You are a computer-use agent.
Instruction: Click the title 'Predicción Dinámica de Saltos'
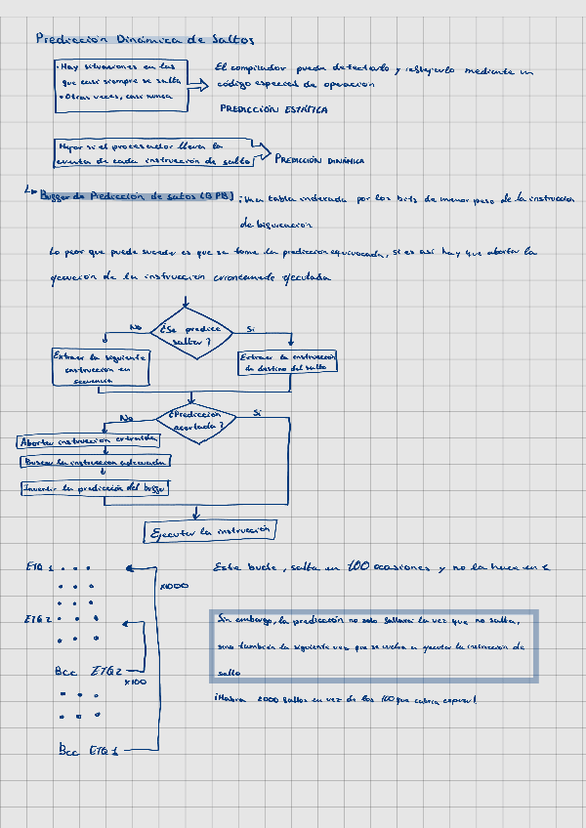tap(144, 39)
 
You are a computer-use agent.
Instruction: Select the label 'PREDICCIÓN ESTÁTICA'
tap(273, 109)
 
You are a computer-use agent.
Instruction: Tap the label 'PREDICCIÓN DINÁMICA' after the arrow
tap(319, 160)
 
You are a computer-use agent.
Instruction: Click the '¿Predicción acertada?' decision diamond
tap(195, 420)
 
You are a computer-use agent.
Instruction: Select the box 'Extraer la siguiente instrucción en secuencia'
tap(101, 368)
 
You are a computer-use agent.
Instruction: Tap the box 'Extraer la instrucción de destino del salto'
tap(288, 361)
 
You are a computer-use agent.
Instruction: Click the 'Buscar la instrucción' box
tap(98, 461)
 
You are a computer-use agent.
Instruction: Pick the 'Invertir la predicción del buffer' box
tap(96, 486)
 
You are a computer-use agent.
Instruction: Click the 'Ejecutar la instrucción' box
tap(209, 531)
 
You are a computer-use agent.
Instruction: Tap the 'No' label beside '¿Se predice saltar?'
tap(136, 327)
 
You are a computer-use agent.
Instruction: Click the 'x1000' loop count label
tap(174, 586)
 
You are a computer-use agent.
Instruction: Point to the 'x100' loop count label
tap(135, 682)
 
